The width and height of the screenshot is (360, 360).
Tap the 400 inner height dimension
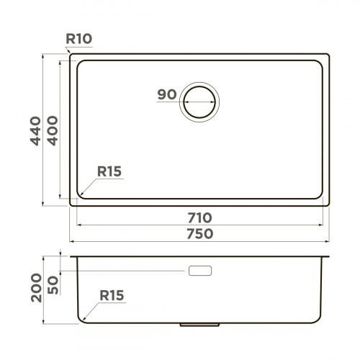52,130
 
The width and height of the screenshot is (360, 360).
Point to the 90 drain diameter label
166,95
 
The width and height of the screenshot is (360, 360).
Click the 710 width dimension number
199,217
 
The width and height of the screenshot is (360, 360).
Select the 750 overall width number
199,233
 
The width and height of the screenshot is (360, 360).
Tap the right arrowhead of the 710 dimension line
321,224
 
